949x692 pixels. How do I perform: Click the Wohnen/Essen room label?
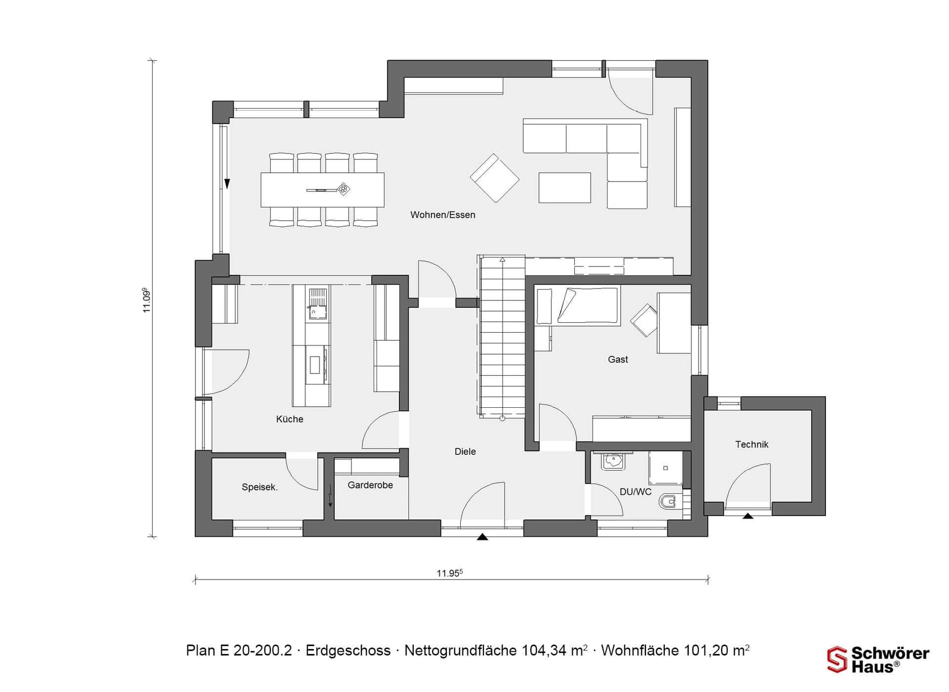tap(442, 215)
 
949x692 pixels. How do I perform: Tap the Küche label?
tap(290, 419)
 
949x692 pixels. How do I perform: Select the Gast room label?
tap(618, 359)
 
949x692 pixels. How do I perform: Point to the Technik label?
tap(751, 444)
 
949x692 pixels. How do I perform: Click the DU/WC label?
tap(636, 492)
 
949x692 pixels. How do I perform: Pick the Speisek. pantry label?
tap(259, 487)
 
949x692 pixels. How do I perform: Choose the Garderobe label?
tap(370, 485)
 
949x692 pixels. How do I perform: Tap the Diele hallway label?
tap(465, 451)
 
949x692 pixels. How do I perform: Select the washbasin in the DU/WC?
tap(613, 461)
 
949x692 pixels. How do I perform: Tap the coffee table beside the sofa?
tap(564, 188)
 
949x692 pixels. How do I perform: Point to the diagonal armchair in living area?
tap(494, 178)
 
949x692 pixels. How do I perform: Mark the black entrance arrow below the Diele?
tap(482, 536)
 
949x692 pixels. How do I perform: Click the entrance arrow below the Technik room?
tap(748, 516)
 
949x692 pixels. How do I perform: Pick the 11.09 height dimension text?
tap(146, 300)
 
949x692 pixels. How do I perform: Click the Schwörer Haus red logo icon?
tap(836, 659)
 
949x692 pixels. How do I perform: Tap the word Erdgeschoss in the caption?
tap(348, 651)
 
